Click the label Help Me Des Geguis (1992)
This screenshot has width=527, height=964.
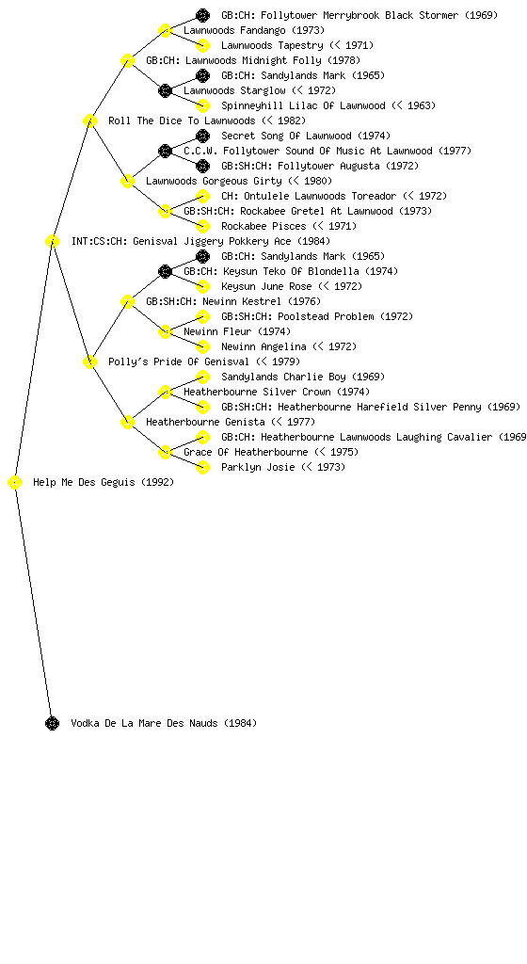coord(104,483)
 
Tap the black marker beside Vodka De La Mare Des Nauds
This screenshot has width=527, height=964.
coord(52,724)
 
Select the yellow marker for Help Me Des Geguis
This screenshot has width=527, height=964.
coord(15,483)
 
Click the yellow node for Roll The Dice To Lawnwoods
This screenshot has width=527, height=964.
coord(89,121)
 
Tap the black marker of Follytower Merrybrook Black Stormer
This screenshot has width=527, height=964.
coord(202,15)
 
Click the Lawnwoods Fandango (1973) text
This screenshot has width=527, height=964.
coord(254,30)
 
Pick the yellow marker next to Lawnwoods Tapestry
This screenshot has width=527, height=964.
coord(202,45)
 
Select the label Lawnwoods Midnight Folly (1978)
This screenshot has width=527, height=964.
coord(253,60)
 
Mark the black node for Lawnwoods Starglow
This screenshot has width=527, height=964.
coord(165,91)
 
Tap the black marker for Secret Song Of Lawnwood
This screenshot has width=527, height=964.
coord(202,136)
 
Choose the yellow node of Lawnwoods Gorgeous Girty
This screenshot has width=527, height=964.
coord(127,182)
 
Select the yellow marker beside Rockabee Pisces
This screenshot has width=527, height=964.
coord(202,226)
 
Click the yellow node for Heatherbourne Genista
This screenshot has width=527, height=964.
coord(127,423)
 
